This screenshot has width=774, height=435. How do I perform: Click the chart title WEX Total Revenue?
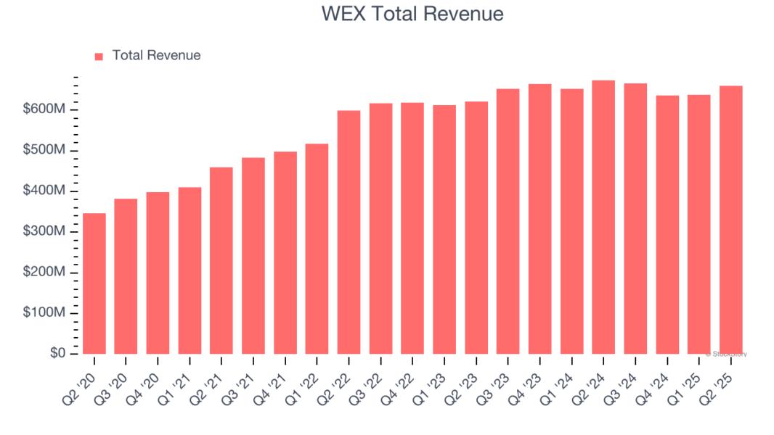coord(412,14)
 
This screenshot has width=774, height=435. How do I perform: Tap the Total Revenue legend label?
coord(156,55)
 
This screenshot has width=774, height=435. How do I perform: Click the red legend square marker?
coord(99,56)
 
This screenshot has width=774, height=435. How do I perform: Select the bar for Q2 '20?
coord(94,283)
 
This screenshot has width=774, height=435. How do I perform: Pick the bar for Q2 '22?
coord(349,232)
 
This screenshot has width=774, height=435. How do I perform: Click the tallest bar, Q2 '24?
coord(603,217)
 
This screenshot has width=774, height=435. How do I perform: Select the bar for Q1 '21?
coord(190,270)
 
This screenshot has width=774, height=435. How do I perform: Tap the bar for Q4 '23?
coord(539,219)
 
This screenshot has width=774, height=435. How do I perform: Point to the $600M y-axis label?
coord(45,109)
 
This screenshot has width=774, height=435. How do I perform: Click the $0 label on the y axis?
coord(58,353)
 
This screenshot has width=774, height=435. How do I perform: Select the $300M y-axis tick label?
coord(45,231)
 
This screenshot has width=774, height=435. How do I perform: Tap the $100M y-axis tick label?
coord(45,312)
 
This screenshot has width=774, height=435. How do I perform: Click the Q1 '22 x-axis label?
coord(304,378)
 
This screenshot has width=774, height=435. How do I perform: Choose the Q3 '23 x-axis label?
coord(495,378)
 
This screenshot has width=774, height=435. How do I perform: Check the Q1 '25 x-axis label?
coord(686,378)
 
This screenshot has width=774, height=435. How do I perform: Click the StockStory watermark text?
coord(728,354)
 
